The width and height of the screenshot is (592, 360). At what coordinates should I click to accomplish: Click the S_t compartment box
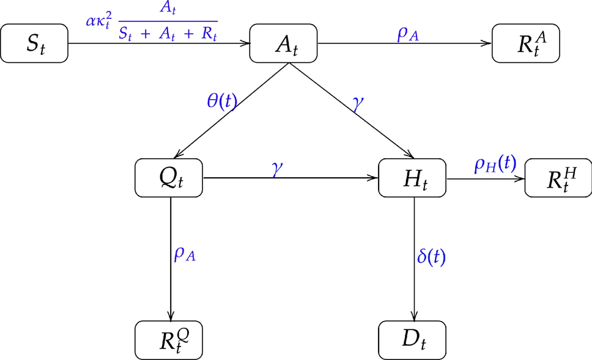pos(35,43)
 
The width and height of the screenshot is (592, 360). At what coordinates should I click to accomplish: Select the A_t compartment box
pos(284,43)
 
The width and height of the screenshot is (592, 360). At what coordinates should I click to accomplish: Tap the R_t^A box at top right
pos(526,43)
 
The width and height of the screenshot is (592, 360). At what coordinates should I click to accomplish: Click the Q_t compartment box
pos(169,178)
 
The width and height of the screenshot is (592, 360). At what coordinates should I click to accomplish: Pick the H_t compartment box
pos(413,178)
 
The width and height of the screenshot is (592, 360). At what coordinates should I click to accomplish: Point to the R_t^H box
pos(557,178)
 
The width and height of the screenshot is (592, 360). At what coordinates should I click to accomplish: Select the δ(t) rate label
pos(431,257)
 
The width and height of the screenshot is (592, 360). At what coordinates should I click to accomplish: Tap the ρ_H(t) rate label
pos(495,164)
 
